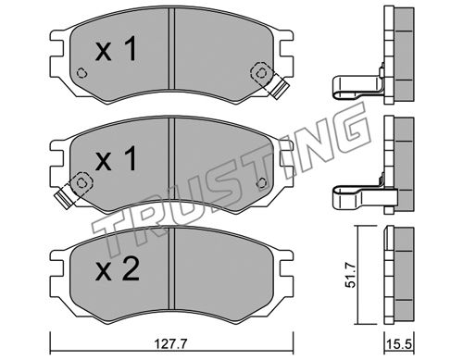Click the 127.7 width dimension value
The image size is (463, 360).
point(171,344)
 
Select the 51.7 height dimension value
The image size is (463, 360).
point(350,275)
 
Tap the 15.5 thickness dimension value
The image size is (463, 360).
point(400,344)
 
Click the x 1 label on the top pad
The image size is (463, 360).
point(116,49)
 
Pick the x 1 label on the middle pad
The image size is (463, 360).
point(116,158)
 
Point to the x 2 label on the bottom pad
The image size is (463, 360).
point(117,269)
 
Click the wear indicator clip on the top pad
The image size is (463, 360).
point(280,87)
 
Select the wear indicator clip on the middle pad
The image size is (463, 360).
point(65,198)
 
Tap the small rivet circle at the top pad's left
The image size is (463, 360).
point(81,73)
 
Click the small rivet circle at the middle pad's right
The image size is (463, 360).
point(262,183)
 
